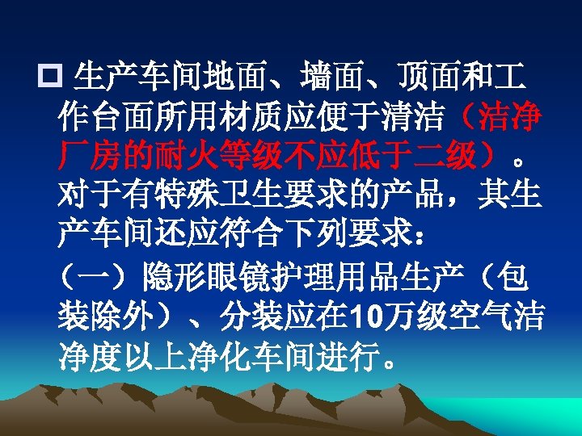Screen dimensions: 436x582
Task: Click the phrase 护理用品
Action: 320,279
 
